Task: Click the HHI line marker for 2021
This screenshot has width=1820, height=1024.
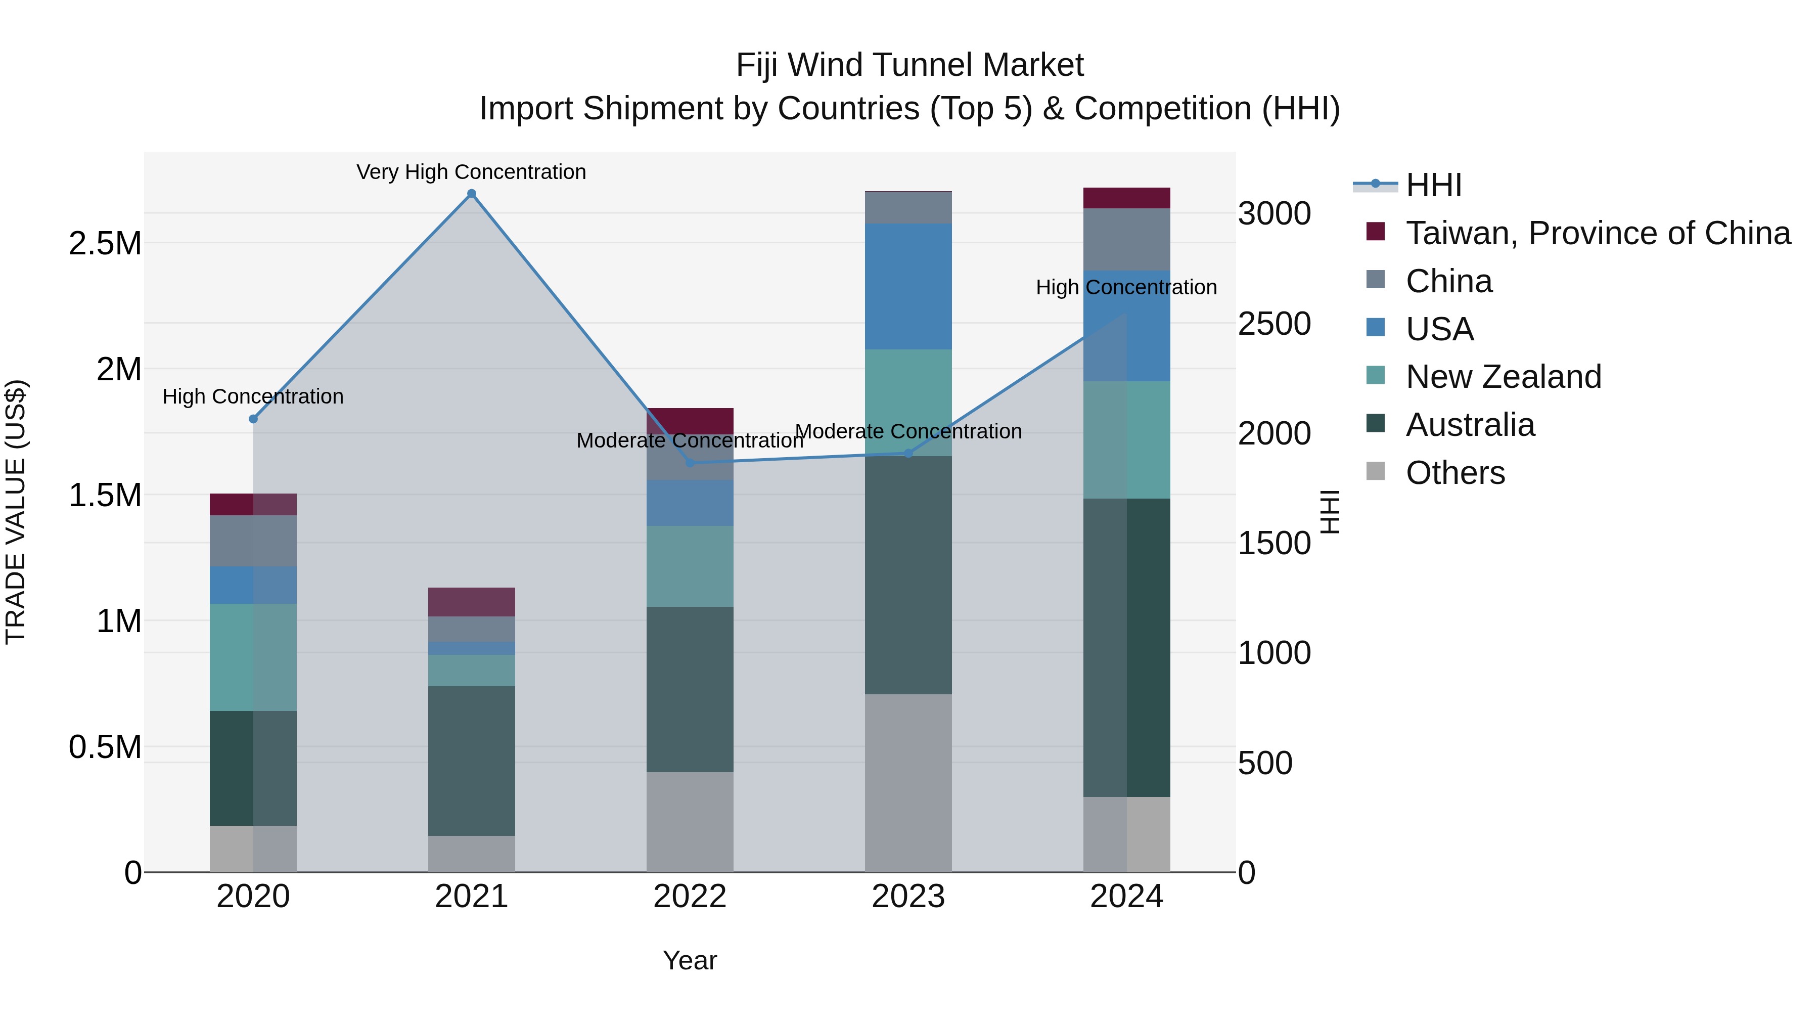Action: coord(472,194)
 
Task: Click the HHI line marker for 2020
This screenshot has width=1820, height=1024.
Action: coord(254,419)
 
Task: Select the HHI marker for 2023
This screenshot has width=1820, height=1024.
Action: coord(908,453)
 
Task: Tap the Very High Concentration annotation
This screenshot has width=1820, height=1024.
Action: coord(471,172)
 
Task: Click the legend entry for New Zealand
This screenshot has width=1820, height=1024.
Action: coord(1503,377)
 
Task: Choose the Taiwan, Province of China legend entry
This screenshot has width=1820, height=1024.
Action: coord(1598,233)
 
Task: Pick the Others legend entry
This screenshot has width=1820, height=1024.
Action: coord(1454,473)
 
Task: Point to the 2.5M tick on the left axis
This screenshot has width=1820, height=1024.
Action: coord(105,244)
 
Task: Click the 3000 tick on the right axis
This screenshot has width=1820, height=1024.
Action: coord(1274,213)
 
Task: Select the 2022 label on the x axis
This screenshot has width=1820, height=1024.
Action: coord(690,897)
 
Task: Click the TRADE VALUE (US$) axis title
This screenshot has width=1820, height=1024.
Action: coord(16,512)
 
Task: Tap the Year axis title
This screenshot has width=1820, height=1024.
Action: coord(690,960)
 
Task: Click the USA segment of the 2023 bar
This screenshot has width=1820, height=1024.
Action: coord(908,286)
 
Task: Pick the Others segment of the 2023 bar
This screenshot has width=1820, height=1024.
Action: coord(908,782)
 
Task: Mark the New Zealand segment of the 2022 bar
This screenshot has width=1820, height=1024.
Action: coord(690,566)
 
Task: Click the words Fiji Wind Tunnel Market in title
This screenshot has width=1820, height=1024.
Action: coord(909,65)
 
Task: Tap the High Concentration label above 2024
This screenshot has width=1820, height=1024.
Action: coord(1126,288)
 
